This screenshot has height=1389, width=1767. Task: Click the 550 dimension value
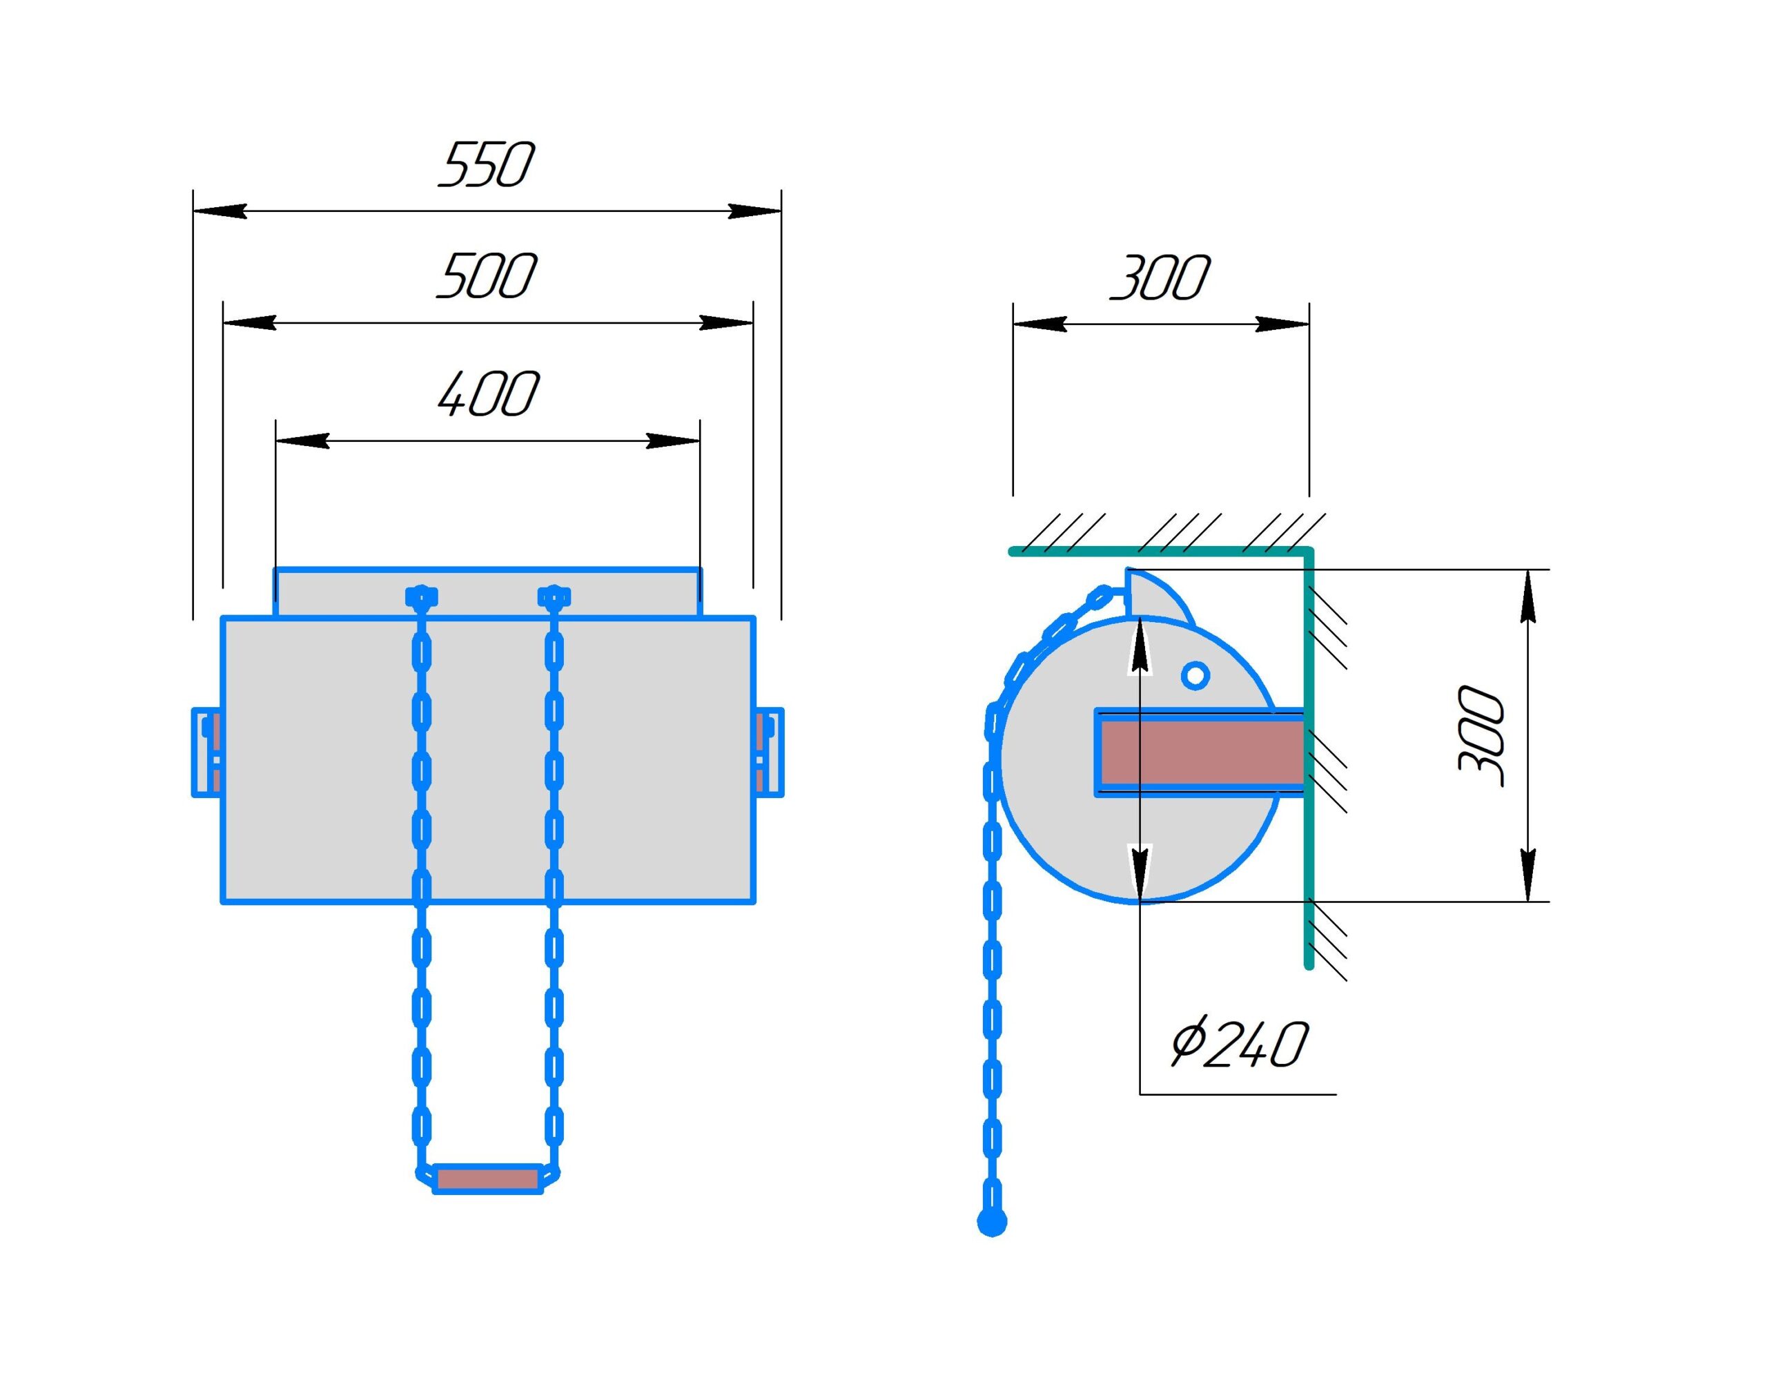tap(487, 165)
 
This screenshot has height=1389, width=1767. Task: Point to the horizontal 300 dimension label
tap(1160, 278)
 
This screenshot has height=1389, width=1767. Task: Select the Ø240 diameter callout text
tap(1239, 1045)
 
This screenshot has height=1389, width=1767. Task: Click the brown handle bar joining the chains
tap(488, 1178)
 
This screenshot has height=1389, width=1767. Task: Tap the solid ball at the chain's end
tap(991, 1223)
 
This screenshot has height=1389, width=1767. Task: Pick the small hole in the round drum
tap(1195, 675)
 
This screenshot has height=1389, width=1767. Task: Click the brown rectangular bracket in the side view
tap(1200, 752)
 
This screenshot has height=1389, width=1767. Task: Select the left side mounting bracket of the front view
tap(206, 752)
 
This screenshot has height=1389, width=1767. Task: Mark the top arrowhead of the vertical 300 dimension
tap(1528, 596)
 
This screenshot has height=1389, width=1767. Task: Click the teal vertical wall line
tap(1309, 759)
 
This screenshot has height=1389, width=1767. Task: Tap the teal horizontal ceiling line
tap(1160, 552)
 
